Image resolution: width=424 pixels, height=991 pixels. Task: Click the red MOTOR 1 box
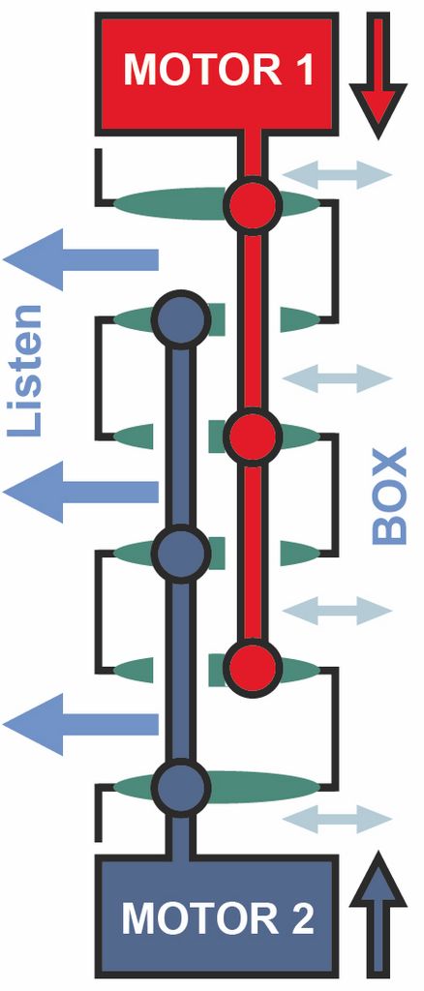(x=217, y=74)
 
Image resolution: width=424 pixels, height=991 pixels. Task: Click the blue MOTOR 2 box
(x=217, y=916)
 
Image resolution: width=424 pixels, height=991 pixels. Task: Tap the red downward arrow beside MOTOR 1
(x=378, y=75)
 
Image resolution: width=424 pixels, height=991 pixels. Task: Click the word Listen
(x=26, y=371)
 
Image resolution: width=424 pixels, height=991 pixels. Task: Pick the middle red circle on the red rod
(x=253, y=435)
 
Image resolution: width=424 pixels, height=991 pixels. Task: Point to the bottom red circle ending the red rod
(x=253, y=667)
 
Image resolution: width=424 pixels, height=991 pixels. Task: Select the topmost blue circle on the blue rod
(x=182, y=317)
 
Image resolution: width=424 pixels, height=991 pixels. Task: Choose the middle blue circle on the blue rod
(x=182, y=552)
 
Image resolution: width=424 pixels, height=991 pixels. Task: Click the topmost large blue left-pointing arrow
(x=80, y=259)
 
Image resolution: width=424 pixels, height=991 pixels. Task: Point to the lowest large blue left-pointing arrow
(x=80, y=724)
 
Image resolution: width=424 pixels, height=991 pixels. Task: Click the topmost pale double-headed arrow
(x=337, y=174)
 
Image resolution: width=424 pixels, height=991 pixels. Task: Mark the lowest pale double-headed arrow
(x=337, y=819)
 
